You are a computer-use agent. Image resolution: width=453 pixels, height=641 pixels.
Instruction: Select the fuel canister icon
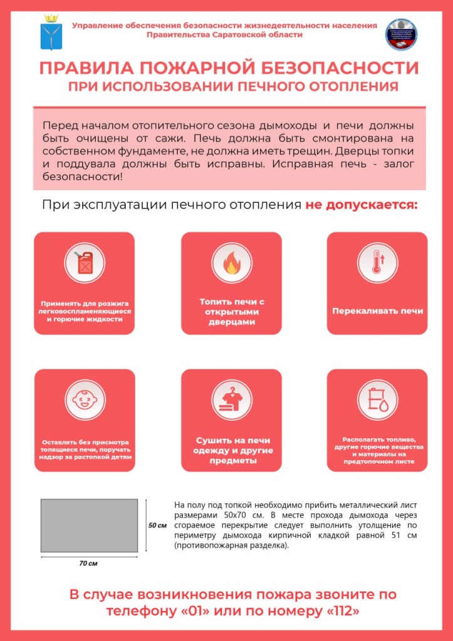coord(84,263)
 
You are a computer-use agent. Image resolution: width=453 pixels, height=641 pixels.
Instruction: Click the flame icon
coord(231,263)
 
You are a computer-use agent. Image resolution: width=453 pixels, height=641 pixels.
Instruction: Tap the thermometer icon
coord(377,263)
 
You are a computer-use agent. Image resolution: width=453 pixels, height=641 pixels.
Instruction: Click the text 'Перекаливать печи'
coord(377,311)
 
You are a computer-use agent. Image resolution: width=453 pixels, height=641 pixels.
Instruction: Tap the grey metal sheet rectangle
coord(89,526)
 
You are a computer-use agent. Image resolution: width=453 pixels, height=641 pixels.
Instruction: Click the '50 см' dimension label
coord(157,525)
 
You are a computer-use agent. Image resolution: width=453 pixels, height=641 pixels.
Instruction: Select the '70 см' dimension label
coord(88,563)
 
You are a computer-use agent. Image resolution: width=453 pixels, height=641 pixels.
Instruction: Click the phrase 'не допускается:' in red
coord(361,205)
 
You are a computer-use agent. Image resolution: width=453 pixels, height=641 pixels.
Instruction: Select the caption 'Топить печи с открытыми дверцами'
coord(231,311)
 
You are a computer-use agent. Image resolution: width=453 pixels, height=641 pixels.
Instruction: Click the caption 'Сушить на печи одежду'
coord(231,450)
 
